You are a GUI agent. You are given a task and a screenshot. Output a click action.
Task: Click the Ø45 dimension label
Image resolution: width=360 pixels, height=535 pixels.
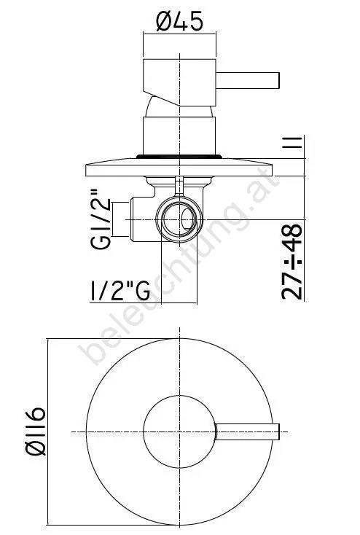click(x=179, y=21)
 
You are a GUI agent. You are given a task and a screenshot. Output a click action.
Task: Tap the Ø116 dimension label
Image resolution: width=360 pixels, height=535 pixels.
click(x=36, y=431)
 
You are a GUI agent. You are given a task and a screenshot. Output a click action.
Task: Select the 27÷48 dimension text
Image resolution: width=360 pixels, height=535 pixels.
click(x=292, y=262)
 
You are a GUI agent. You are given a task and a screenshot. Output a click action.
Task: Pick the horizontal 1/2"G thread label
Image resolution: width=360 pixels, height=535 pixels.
click(x=120, y=291)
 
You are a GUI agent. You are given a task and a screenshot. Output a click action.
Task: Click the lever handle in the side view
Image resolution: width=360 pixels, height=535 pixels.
click(x=247, y=80)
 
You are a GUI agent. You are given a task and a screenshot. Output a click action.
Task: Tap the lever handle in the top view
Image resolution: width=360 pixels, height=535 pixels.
click(x=247, y=431)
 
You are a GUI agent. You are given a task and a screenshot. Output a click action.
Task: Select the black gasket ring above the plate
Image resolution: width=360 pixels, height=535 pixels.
click(x=179, y=157)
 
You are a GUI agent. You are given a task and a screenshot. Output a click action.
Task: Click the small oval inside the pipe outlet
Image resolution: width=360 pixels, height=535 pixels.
click(x=187, y=219)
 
